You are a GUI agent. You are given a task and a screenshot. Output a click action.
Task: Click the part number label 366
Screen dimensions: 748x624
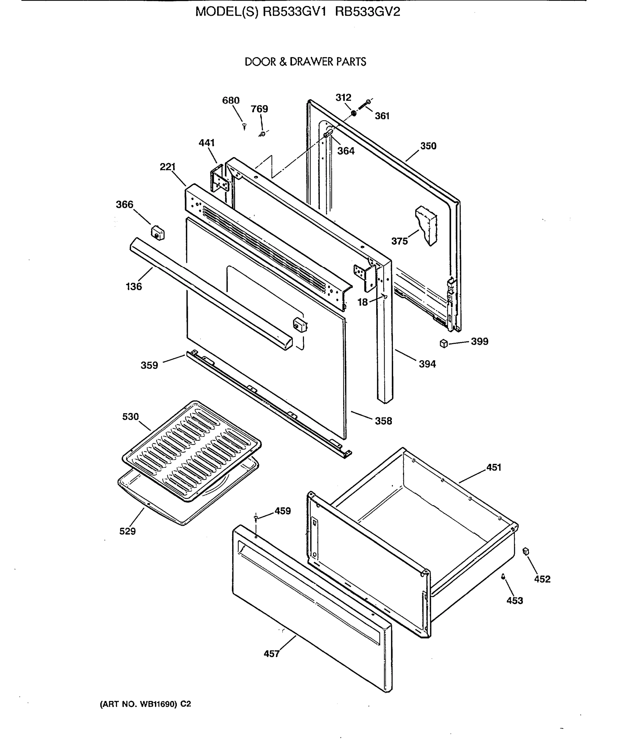pos(124,204)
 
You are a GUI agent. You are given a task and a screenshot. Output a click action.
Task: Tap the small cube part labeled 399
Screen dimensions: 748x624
pos(444,343)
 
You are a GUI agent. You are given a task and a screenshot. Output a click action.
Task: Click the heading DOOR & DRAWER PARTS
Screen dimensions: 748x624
pos(305,62)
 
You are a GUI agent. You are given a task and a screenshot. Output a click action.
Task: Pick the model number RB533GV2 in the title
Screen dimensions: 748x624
pos(368,12)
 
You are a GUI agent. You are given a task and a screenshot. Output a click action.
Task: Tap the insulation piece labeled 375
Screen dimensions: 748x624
pos(427,225)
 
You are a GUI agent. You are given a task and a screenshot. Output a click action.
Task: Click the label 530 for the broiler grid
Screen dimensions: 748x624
pos(130,416)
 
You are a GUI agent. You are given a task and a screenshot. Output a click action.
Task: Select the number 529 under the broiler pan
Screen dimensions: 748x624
pos(127,531)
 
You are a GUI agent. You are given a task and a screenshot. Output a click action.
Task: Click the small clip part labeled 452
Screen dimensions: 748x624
pos(526,551)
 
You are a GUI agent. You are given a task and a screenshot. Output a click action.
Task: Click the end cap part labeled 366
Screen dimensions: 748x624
pos(158,233)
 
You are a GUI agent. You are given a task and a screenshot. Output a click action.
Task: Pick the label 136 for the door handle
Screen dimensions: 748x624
pos(134,286)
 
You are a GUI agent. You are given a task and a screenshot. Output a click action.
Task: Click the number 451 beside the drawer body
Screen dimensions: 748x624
pos(494,467)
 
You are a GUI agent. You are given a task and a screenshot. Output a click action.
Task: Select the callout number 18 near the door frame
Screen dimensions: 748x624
pos(362,302)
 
